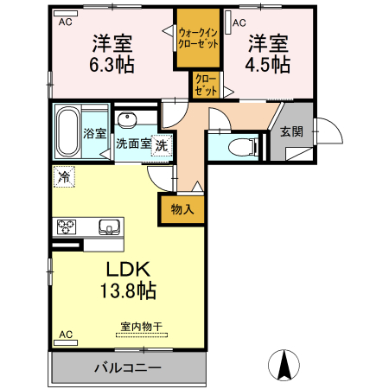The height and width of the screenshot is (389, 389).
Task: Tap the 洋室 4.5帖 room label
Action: point(270,52)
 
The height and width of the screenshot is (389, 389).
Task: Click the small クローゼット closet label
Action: point(204,85)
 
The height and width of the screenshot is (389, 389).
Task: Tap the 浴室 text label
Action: point(95,134)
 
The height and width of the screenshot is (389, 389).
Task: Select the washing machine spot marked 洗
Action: point(161,145)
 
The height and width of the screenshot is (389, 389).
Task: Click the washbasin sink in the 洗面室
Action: point(127,120)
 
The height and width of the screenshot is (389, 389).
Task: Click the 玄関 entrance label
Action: point(291,132)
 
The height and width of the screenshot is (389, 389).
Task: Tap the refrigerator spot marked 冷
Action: point(64,176)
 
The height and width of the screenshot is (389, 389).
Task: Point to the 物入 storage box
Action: point(182,208)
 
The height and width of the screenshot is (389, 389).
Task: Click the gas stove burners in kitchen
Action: point(67,227)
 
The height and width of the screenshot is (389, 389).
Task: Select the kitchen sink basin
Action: point(110,227)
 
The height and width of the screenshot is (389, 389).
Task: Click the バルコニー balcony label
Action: point(127,368)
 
